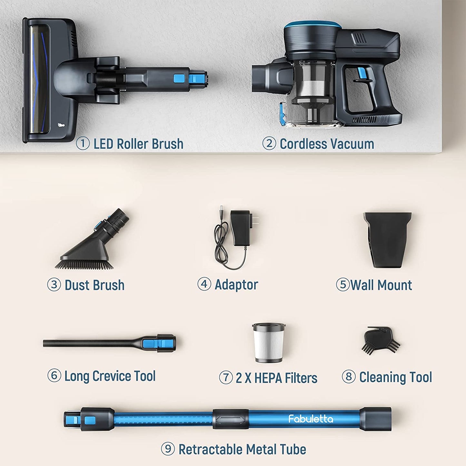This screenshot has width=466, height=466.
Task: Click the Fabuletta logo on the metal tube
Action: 311,419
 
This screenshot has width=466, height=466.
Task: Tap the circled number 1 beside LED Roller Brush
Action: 83,144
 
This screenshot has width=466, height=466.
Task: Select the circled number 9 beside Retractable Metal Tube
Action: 168,449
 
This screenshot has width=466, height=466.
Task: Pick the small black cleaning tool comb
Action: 381,340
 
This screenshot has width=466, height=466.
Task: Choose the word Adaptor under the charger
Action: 236,285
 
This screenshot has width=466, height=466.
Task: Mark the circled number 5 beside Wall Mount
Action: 343,284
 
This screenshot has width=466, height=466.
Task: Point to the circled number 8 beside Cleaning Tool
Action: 349,377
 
